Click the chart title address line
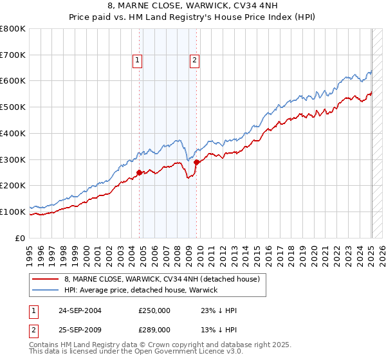[192, 7]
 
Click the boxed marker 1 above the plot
[138, 61]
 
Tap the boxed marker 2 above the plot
[194, 61]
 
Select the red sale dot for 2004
[140, 172]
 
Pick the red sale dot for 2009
[196, 162]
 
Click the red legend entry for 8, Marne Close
[161, 279]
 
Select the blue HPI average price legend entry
[141, 290]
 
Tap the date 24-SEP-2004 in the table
[80, 310]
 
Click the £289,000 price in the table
[154, 329]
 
